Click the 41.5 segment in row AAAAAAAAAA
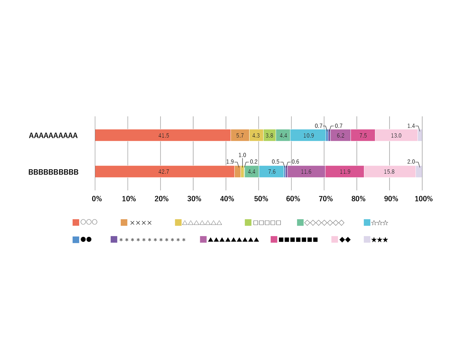pyautogui.click(x=163, y=135)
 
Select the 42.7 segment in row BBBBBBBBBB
pyautogui.click(x=164, y=172)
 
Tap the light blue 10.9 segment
pyautogui.click(x=308, y=135)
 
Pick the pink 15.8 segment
pyautogui.click(x=390, y=172)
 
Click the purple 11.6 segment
pyautogui.click(x=306, y=172)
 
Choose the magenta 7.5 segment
pyautogui.click(x=363, y=135)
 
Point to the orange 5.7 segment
pyautogui.click(x=240, y=135)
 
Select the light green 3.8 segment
pyautogui.click(x=269, y=135)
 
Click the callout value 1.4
pyautogui.click(x=411, y=126)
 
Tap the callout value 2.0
pyautogui.click(x=411, y=162)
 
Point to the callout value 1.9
pyautogui.click(x=230, y=162)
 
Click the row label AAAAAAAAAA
pyautogui.click(x=53, y=135)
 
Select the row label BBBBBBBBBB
pyautogui.click(x=53, y=172)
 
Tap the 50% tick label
pyautogui.click(x=261, y=199)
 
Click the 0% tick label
pyautogui.click(x=97, y=199)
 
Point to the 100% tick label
pyautogui.click(x=424, y=199)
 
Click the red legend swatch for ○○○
pyautogui.click(x=76, y=222)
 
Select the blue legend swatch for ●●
pyautogui.click(x=76, y=240)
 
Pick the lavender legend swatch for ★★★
pyautogui.click(x=367, y=239)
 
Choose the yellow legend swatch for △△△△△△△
pyautogui.click(x=178, y=223)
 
